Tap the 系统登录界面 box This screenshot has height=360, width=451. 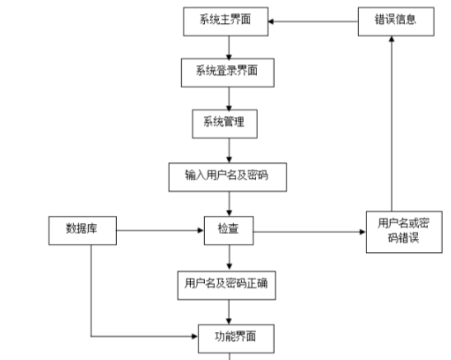coord(226,72)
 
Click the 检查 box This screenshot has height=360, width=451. coord(228,230)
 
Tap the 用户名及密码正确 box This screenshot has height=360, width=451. coord(225,284)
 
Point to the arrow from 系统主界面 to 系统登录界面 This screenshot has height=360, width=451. coord(227,47)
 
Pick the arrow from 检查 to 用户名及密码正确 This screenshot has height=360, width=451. coord(228,257)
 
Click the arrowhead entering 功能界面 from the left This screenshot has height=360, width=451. coord(195,336)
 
